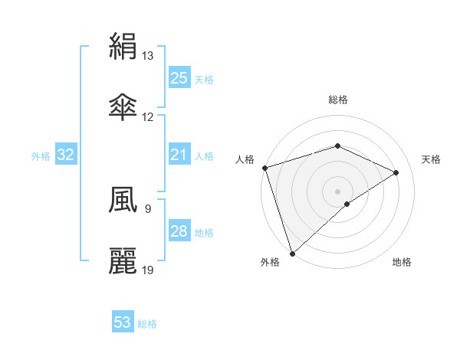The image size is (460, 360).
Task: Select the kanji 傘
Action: point(123,107)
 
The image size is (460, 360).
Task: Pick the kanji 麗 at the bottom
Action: point(123,260)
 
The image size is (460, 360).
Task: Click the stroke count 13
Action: point(148,56)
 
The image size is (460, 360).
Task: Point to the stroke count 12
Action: point(148,116)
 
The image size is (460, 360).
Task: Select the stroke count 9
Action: point(147,208)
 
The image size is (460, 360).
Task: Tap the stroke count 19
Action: point(148,270)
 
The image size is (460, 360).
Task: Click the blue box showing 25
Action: point(179,77)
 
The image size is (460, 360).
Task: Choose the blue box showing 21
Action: point(179,155)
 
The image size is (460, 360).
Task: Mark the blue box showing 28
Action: point(179,231)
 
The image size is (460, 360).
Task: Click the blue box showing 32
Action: point(66,155)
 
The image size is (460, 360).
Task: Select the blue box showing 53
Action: point(123,322)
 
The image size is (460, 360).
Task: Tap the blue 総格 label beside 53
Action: point(147,324)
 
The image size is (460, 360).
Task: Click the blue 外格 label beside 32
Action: point(41,156)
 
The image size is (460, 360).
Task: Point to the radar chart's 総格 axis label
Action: point(338,100)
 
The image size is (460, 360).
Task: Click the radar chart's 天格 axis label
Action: point(432,159)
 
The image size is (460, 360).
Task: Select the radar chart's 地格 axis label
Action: point(402,263)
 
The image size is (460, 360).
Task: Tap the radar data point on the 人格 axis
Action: point(264,168)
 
